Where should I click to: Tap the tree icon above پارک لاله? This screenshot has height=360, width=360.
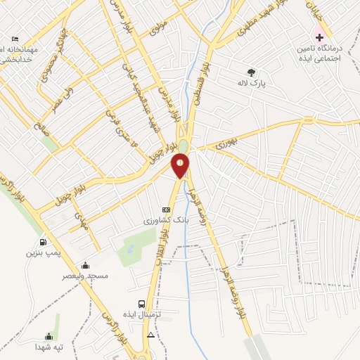(x=251, y=72)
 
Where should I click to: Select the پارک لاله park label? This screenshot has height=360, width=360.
(x=251, y=82)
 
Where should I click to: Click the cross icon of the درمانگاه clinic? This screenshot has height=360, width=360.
(x=319, y=36)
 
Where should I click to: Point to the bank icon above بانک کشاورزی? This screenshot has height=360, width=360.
(x=166, y=210)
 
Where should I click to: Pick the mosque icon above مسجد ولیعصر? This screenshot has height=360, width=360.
(x=85, y=265)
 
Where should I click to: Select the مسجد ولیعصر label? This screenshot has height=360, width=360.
(x=88, y=275)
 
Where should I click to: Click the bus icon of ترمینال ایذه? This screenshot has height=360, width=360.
(x=143, y=304)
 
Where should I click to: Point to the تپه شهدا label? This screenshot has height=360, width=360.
(x=49, y=347)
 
